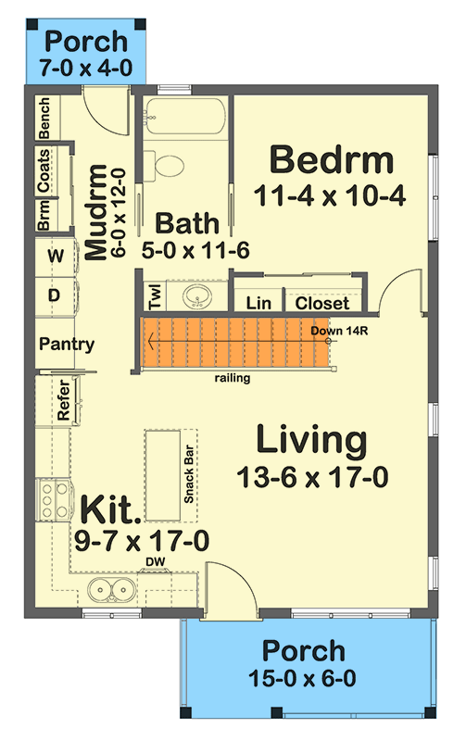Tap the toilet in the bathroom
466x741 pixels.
coord(170,167)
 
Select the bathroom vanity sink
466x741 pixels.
coord(195,297)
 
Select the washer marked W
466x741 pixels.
coord(55,256)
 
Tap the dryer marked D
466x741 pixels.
coord(55,295)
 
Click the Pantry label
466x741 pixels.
coord(67,345)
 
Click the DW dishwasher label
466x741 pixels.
coord(154,561)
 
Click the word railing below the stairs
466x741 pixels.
coord(231,377)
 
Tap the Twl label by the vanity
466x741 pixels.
coord(156,296)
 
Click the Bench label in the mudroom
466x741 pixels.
coord(44,119)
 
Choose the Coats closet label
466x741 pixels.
coord(44,171)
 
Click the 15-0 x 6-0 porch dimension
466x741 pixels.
coord(303,678)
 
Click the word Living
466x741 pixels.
coord(311,440)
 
